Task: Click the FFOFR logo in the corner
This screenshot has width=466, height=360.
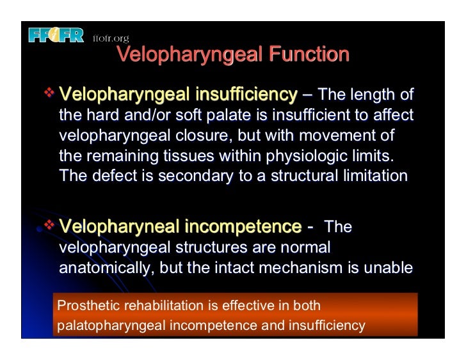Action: click(x=56, y=35)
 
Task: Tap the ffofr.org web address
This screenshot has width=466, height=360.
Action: click(x=111, y=38)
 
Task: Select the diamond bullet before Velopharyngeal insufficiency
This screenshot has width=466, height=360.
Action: click(x=49, y=95)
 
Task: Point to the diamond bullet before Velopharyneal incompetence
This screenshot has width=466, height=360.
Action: click(x=49, y=226)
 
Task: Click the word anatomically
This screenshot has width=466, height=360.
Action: click(x=102, y=269)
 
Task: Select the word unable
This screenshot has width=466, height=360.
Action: click(x=392, y=269)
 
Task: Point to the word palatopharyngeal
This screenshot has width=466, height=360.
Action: click(x=111, y=325)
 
